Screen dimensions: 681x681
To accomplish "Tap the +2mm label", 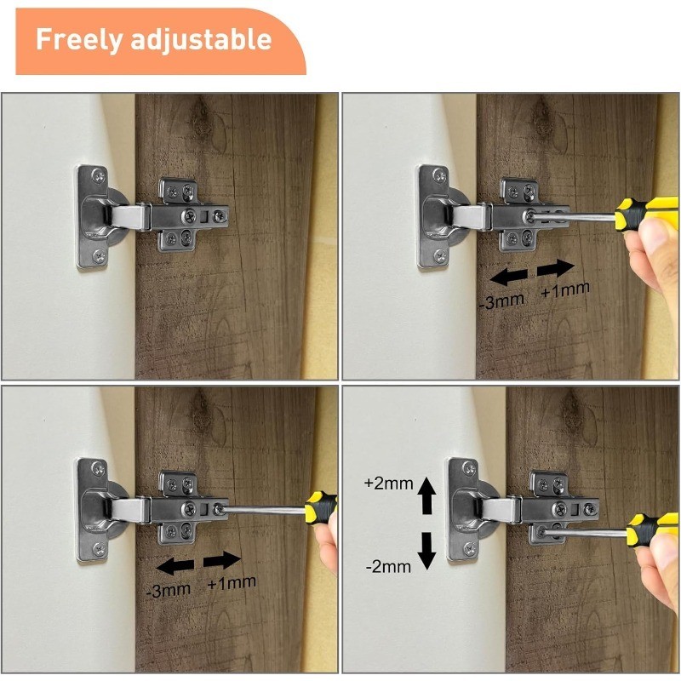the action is (389, 484).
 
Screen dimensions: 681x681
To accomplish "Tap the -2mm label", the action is (388, 566).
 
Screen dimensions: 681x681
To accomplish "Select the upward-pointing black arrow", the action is (426, 495).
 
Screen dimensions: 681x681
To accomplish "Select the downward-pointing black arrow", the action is (426, 551).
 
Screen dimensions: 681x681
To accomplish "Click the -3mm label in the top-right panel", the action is (501, 300).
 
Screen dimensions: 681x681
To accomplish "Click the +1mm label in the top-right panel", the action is (564, 289).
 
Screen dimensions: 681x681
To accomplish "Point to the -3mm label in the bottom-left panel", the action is (168, 590).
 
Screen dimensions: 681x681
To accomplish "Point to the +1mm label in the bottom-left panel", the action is (232, 583).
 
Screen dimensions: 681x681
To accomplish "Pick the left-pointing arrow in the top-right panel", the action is (508, 277).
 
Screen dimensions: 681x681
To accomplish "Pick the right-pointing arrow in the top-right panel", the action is (556, 268).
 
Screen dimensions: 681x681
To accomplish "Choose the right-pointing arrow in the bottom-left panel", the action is (222, 560).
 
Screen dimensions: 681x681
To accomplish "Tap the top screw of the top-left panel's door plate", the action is (99, 176).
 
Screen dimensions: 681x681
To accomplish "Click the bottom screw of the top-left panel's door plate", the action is (99, 256).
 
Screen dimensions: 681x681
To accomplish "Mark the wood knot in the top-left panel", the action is (201, 118).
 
